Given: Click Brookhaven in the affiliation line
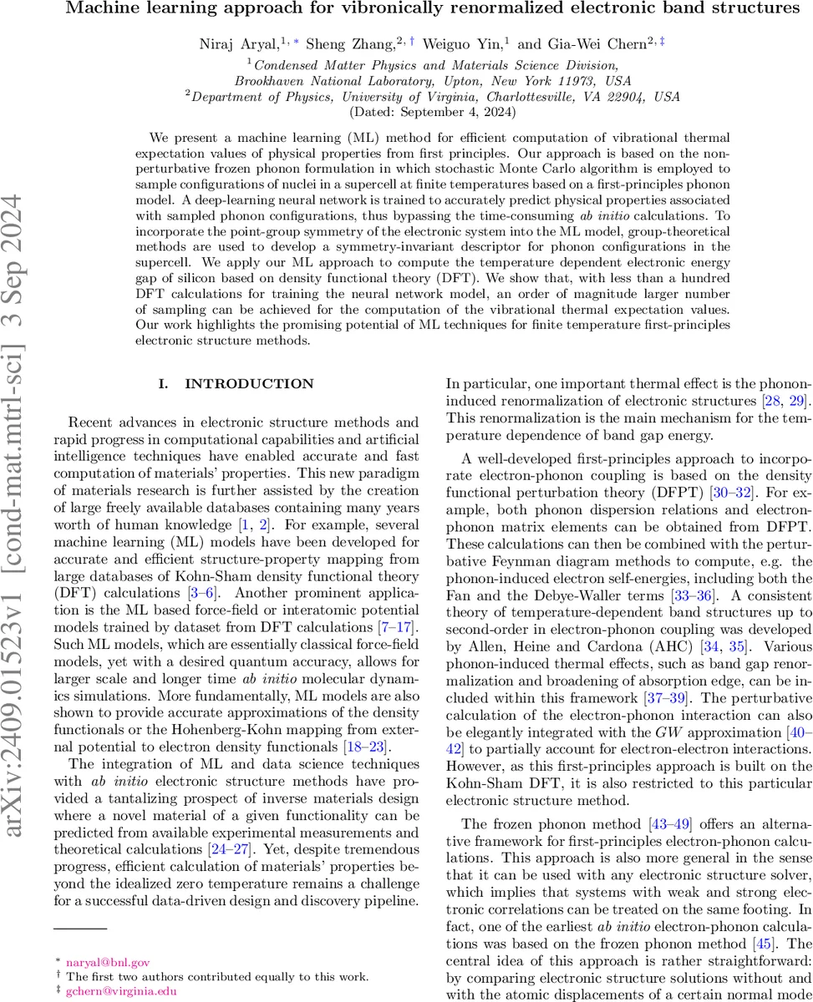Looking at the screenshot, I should coord(266,81).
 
